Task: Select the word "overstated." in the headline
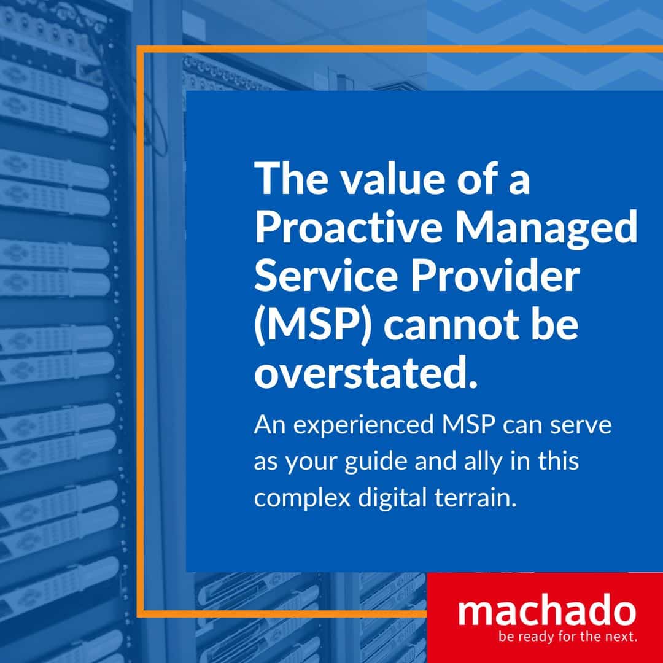366,374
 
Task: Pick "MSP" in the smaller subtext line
468,424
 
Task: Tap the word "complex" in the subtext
302,498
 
